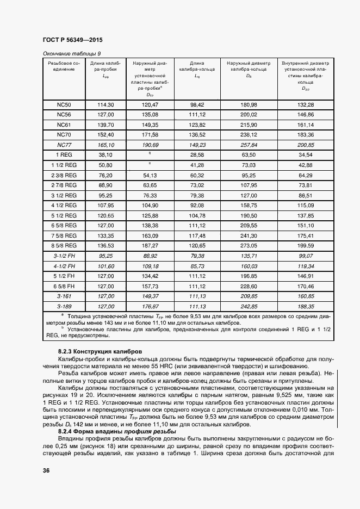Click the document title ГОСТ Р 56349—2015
tap(72, 41)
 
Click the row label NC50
tap(64, 104)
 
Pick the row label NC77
tap(64, 145)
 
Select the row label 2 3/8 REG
tap(64, 175)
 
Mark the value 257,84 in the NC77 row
tap(249, 145)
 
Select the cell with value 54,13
tap(150, 175)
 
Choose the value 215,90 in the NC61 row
tap(249, 125)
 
